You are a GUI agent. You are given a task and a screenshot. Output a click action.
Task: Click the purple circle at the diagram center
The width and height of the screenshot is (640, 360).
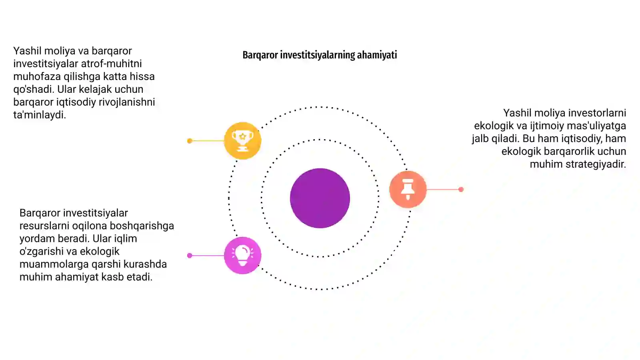coord(320,198)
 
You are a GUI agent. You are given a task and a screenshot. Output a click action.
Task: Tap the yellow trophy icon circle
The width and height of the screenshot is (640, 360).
coord(242,140)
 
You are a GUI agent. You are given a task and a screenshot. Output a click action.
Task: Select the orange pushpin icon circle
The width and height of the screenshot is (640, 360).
coord(408,189)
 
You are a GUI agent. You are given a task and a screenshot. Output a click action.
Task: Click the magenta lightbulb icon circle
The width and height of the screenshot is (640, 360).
coord(242,256)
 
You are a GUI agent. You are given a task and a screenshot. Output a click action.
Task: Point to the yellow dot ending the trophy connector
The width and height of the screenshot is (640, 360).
coord(190,140)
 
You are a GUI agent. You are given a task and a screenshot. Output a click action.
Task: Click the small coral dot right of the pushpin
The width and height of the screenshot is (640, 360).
coord(461,189)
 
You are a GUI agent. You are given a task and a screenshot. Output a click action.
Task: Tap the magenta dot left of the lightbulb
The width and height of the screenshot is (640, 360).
coord(190,256)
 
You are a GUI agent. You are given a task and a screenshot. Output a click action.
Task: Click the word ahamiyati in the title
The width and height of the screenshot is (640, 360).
coord(377,55)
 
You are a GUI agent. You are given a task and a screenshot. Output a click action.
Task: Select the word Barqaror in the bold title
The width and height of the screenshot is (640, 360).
coord(260,55)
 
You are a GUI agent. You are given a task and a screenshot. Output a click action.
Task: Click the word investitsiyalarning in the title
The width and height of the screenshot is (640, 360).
coord(318,55)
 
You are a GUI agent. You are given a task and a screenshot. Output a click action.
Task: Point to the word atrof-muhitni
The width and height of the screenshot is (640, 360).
coord(112,64)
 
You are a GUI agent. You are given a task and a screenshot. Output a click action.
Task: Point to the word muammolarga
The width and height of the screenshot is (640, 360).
coord(54,264)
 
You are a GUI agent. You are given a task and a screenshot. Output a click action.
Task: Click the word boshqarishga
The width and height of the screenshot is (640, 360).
coord(142,226)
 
